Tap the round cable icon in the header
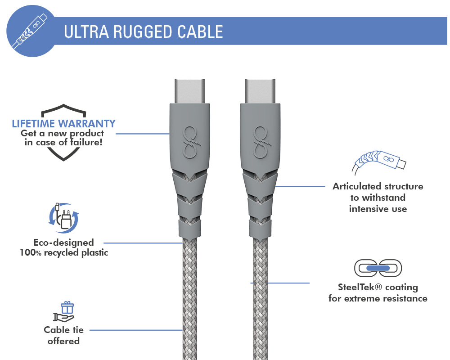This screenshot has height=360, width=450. [31, 31]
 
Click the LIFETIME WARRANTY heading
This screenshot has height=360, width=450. [64, 123]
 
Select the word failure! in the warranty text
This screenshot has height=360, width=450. [86, 142]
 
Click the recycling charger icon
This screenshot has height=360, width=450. [63, 218]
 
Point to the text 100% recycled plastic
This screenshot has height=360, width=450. [64, 252]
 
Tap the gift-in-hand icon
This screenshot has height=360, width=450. [64, 311]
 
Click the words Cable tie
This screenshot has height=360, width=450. [64, 330]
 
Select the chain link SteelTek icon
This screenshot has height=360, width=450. [378, 268]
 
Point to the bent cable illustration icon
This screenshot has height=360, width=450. [379, 162]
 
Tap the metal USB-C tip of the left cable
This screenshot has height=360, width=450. [190, 91]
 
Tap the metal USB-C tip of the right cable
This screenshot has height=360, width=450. [260, 91]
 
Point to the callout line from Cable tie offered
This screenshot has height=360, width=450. [136, 330]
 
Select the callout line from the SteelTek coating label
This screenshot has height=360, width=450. [280, 283]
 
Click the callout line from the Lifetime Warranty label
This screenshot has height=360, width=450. [143, 134]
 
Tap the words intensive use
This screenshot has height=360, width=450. [378, 209]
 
